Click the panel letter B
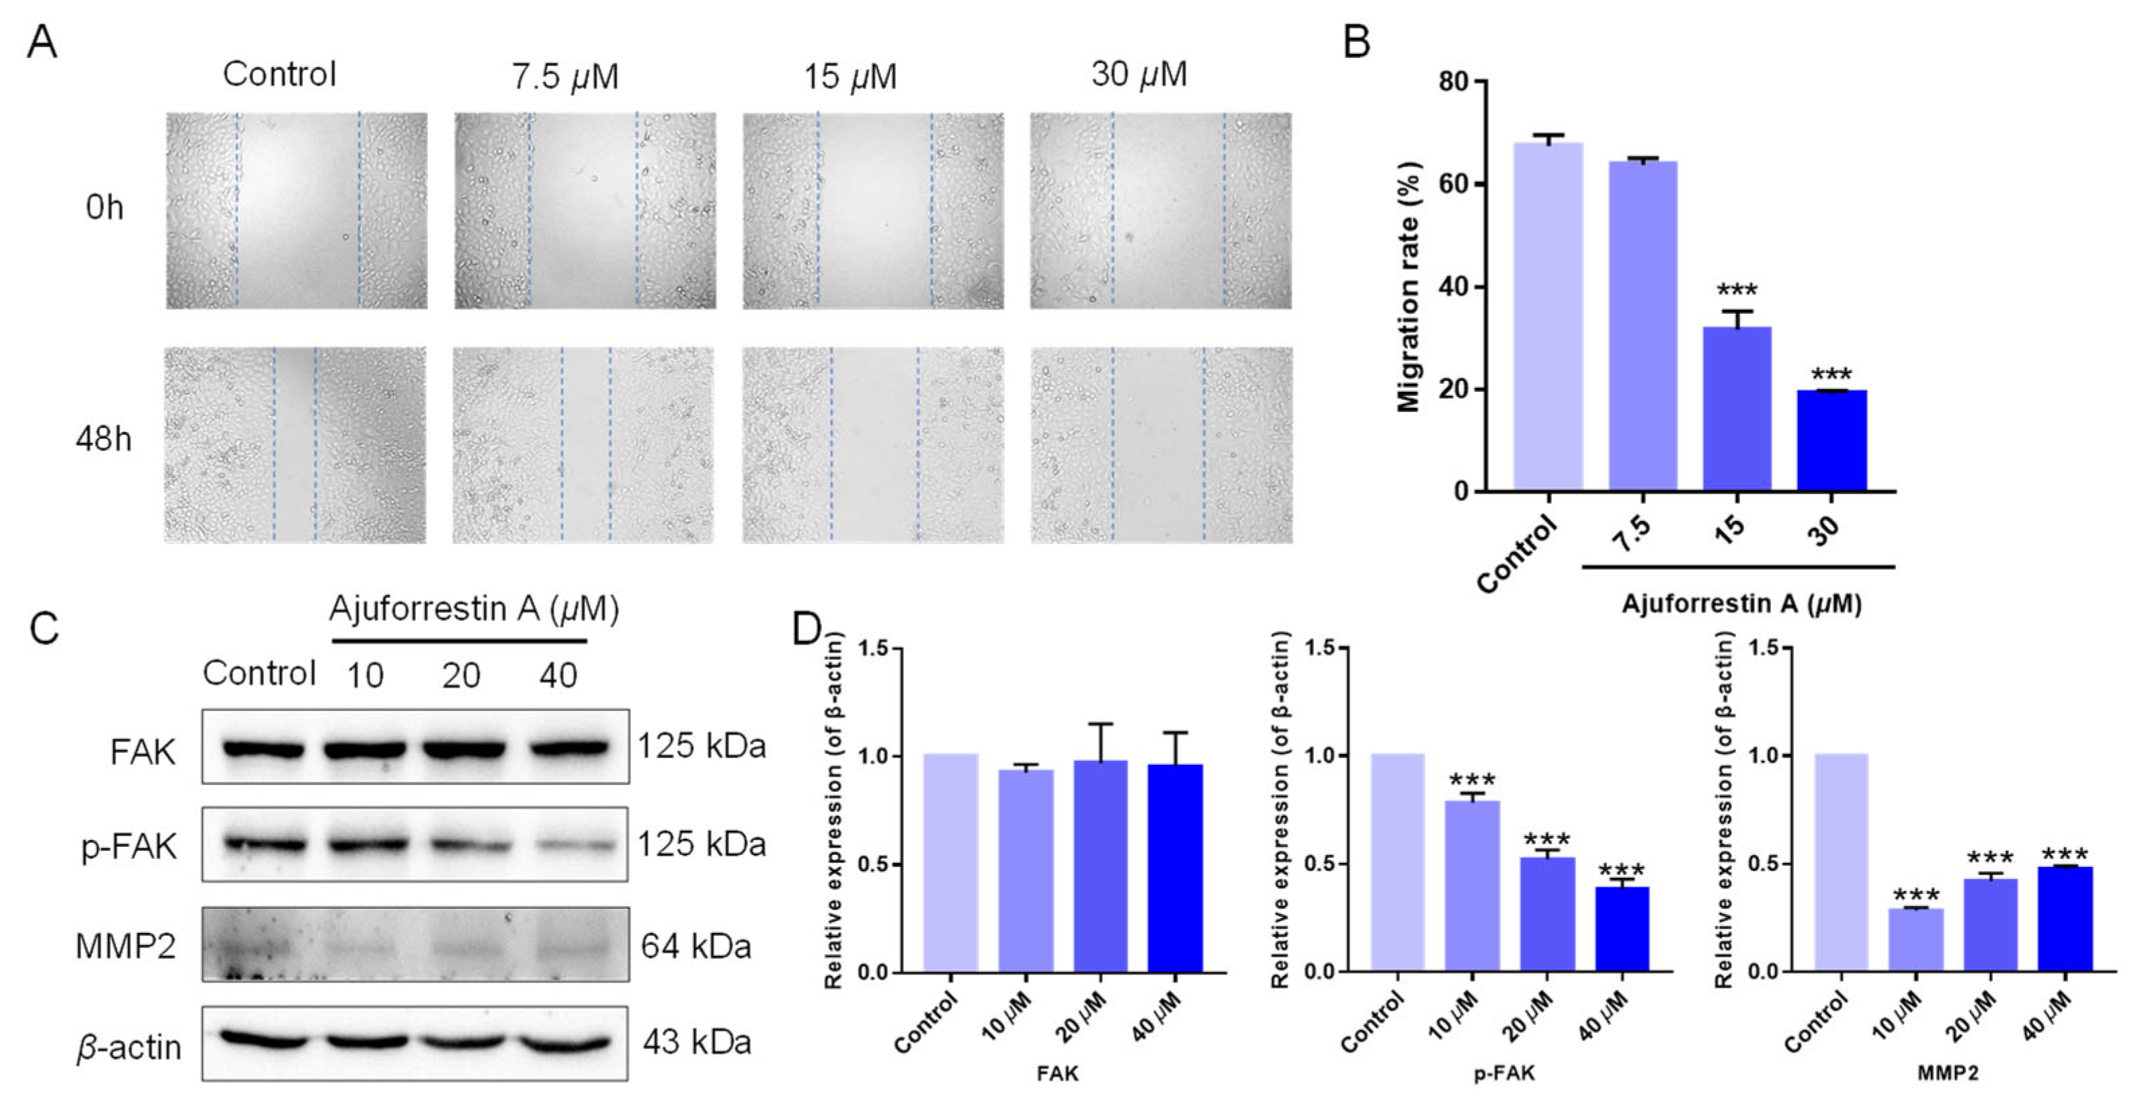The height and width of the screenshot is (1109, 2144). [x=1357, y=42]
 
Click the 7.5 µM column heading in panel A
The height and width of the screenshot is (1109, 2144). [x=565, y=77]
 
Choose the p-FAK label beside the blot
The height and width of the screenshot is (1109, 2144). [x=129, y=846]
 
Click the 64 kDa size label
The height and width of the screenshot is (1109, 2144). [x=696, y=946]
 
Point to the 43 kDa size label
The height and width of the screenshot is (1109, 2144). [x=697, y=1042]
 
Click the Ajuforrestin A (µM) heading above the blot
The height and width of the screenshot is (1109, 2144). [x=474, y=610]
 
